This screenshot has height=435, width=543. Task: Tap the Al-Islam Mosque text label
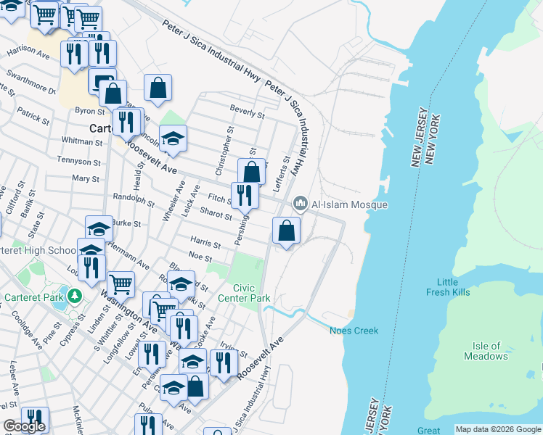(349, 205)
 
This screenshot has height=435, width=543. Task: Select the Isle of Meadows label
(486, 351)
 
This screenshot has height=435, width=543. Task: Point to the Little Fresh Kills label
(448, 286)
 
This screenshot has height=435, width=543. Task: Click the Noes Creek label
(354, 331)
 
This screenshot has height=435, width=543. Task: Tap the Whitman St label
(82, 140)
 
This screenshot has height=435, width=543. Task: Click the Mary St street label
(85, 178)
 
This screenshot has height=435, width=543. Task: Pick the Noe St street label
(200, 257)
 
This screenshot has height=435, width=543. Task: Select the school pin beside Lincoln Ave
(173, 139)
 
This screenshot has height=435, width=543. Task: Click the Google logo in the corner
(24, 426)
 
